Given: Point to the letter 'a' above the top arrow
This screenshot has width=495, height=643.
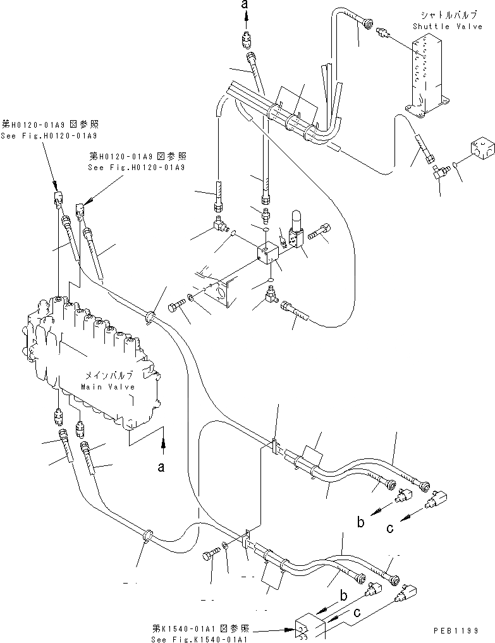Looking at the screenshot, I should coord(247,4).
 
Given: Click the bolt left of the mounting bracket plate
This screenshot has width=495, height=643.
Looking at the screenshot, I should coord(176,307).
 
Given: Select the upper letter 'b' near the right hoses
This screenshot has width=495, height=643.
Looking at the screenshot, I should coord(360,522).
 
